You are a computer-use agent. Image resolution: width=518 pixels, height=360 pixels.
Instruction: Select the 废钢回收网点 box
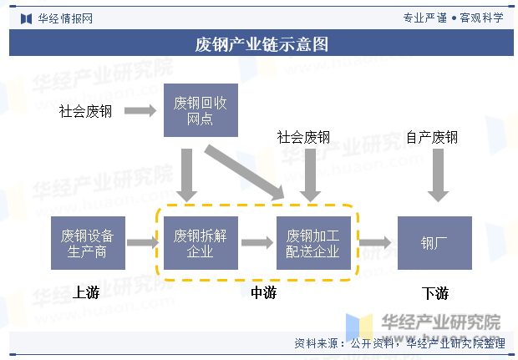(201, 110)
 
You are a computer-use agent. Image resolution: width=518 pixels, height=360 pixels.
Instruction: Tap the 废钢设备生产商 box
(87, 242)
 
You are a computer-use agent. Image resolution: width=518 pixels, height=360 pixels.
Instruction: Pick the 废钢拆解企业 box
(201, 242)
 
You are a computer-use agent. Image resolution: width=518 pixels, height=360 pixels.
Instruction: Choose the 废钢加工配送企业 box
(313, 242)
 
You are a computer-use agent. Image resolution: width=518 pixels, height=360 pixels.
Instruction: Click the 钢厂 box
(434, 242)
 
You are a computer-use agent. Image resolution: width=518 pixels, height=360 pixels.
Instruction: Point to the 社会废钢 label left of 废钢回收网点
(85, 111)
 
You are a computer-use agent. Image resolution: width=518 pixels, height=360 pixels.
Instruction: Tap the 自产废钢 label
(432, 137)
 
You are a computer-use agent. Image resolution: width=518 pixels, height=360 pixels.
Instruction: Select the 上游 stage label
(86, 292)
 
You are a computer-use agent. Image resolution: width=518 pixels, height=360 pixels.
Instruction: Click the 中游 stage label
(263, 292)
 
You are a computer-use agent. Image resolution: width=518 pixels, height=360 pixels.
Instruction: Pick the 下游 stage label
(435, 293)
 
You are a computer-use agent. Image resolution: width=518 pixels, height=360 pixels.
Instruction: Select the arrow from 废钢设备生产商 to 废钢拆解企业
(142, 242)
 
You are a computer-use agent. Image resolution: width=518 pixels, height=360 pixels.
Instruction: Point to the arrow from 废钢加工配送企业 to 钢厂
(375, 242)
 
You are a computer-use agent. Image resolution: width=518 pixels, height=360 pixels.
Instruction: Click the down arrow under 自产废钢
(434, 175)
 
